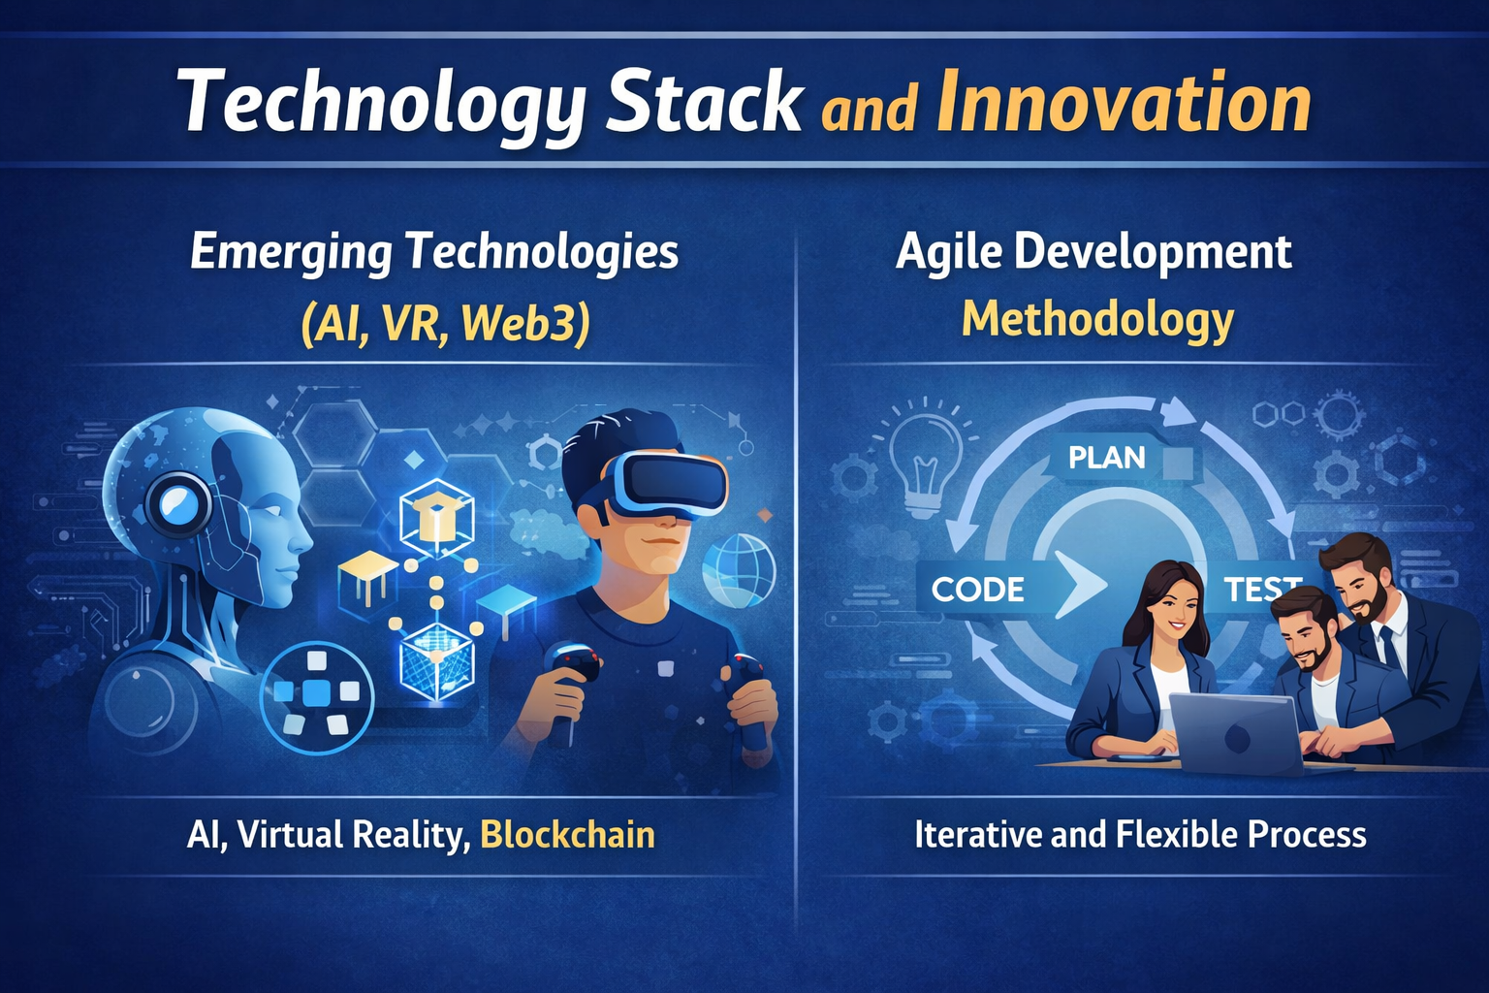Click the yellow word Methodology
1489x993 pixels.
[1097, 321]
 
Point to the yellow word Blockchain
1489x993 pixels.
[568, 834]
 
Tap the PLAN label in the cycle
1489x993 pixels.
[1107, 458]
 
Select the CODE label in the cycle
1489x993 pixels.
[977, 590]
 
